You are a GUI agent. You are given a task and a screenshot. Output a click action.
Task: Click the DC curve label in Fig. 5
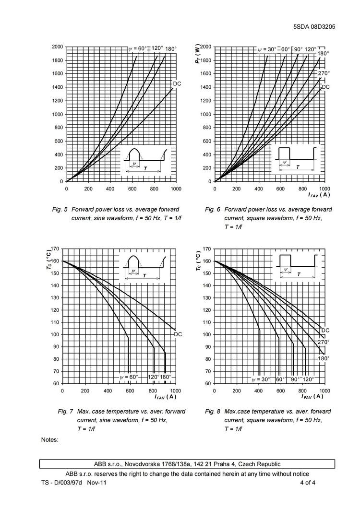pos(177,84)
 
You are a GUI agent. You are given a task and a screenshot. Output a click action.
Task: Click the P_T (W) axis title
pos(198,54)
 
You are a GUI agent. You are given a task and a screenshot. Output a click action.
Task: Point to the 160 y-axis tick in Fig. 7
pos(54,261)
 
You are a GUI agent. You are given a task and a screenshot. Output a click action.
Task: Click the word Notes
pos(50,439)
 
